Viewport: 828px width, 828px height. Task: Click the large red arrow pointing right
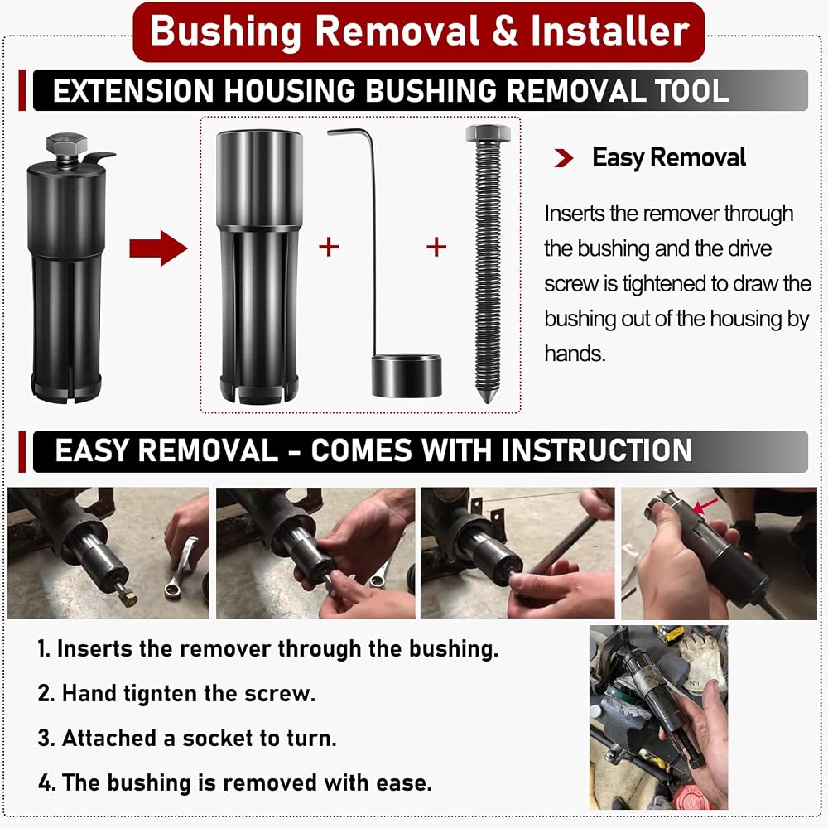point(158,248)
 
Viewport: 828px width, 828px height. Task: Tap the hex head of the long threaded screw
point(488,133)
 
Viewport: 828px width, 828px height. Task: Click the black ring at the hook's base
point(407,376)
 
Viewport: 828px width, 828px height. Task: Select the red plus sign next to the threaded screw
point(436,247)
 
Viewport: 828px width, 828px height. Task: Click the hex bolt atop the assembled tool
point(66,143)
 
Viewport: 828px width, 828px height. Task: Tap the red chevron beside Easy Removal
point(564,157)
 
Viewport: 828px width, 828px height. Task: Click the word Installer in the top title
point(610,31)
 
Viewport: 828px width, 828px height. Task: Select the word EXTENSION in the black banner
point(133,90)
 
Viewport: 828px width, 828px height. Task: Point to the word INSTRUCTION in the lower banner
point(597,450)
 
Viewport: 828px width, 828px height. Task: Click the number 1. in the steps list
point(44,649)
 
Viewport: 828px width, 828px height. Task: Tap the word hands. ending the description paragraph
point(575,354)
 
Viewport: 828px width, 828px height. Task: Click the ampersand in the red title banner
point(505,31)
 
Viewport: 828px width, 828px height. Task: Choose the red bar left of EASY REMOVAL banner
point(22,451)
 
